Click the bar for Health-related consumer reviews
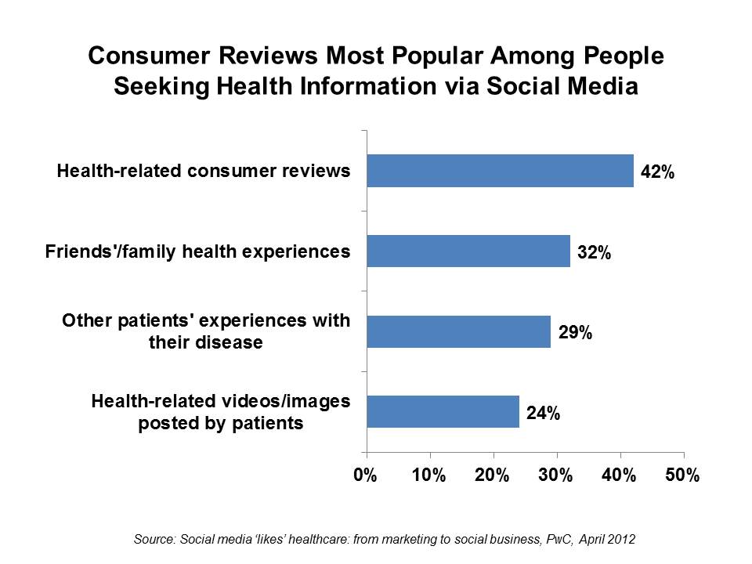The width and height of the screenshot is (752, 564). (x=500, y=171)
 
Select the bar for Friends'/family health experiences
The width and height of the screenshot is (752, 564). (x=468, y=251)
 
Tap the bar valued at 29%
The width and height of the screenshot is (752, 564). (x=458, y=331)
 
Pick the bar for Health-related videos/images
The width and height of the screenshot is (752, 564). (x=443, y=412)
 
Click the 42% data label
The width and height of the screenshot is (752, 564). (x=657, y=172)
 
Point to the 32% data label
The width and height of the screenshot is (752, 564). (x=594, y=252)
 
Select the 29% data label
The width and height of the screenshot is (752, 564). (x=575, y=333)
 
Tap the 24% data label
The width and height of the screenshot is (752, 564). (x=543, y=414)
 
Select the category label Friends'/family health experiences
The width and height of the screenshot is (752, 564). (x=198, y=251)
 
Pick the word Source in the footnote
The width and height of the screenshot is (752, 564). (x=152, y=539)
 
